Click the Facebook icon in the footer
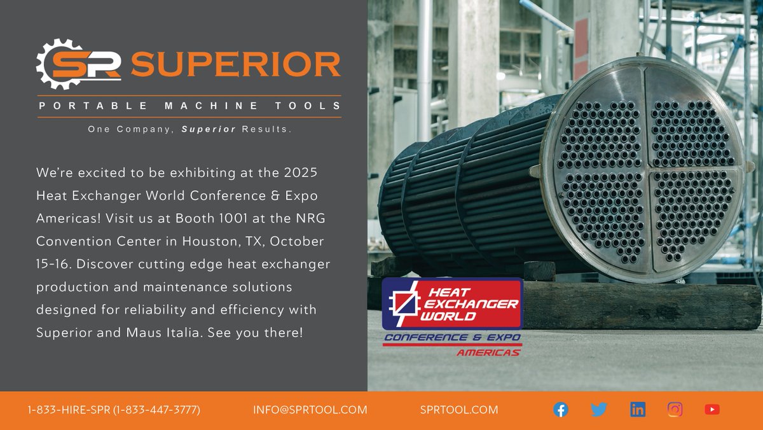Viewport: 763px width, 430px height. [560, 410]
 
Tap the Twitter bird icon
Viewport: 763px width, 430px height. [598, 410]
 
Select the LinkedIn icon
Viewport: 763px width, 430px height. [637, 410]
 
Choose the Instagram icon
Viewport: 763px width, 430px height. [675, 410]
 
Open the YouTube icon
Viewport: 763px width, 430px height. [712, 410]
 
